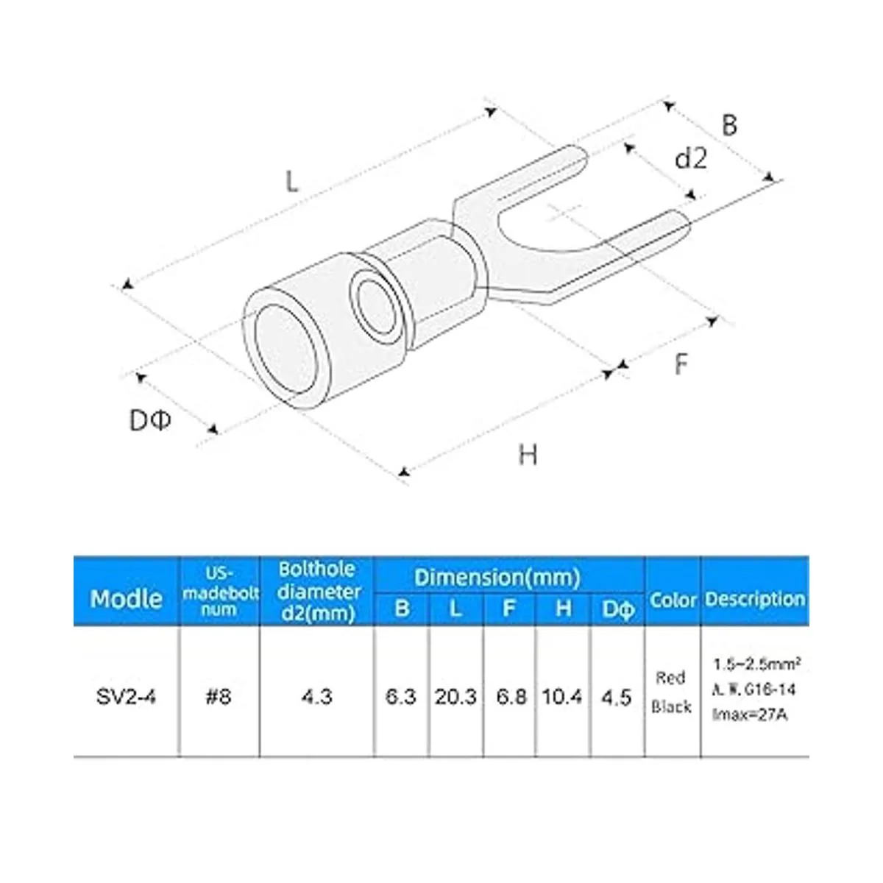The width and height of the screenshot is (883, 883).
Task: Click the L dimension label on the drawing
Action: tap(292, 181)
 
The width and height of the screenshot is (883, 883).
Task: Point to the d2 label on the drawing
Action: tap(691, 158)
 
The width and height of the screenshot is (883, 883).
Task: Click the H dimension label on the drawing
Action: tap(528, 455)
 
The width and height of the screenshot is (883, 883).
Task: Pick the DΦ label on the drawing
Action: tap(150, 420)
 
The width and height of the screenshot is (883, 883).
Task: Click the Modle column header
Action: tap(127, 599)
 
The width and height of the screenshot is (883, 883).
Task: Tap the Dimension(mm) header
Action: tap(497, 577)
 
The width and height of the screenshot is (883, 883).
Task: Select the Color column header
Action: tap(673, 600)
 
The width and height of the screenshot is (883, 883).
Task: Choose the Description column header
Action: tap(755, 599)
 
